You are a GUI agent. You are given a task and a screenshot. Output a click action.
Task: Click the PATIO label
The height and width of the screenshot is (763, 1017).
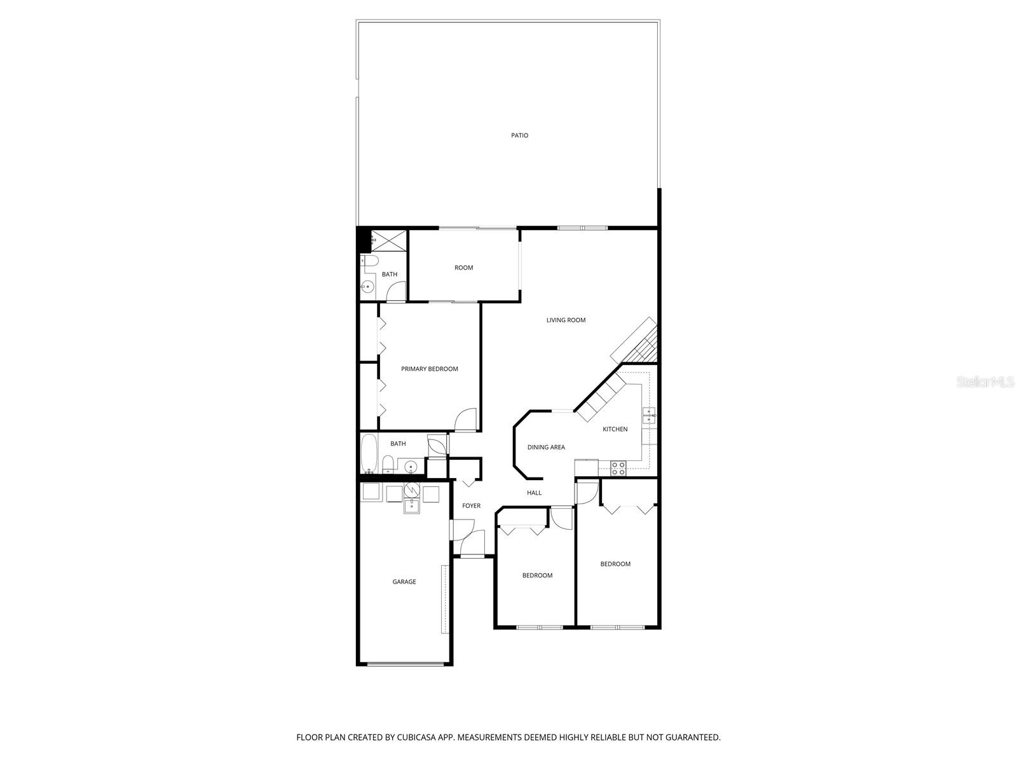(519, 135)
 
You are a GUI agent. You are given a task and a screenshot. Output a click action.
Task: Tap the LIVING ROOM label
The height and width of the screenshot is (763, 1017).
(566, 320)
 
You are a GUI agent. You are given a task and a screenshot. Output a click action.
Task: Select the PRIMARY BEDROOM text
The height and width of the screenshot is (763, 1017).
(429, 369)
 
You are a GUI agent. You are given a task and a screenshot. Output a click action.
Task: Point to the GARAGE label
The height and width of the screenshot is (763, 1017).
(404, 582)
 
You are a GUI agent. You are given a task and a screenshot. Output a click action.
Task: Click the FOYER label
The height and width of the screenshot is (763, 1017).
(471, 505)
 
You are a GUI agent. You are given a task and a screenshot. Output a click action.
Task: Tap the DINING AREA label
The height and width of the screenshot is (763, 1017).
(546, 447)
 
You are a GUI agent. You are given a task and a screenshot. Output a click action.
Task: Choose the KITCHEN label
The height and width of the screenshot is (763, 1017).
(615, 429)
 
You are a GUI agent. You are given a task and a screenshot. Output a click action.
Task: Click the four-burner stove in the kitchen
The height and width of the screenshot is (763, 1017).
(618, 469)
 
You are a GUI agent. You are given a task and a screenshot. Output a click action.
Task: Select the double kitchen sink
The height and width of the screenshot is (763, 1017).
(649, 416)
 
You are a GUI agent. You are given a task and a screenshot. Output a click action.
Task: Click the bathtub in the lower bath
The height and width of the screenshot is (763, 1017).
(369, 453)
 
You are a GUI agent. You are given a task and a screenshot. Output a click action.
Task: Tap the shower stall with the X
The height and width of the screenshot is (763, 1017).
(388, 240)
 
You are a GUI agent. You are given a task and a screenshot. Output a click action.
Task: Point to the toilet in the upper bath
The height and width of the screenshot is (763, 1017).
(370, 261)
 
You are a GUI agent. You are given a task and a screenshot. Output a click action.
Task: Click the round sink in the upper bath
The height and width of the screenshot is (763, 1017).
(367, 287)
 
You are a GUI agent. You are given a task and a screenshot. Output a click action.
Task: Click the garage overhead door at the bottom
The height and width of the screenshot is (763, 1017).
(405, 664)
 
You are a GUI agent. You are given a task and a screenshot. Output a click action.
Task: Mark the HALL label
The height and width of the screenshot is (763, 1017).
(534, 493)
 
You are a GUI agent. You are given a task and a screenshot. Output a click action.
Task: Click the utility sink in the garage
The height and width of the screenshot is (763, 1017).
(412, 506)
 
